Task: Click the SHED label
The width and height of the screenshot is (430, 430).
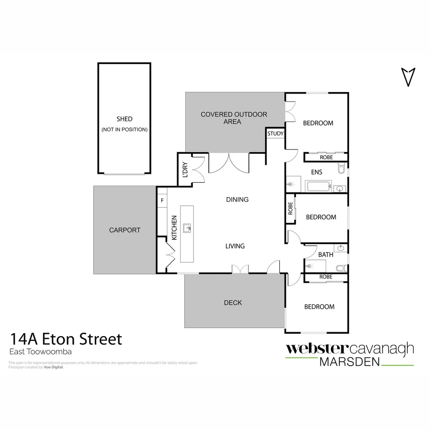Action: tap(124, 119)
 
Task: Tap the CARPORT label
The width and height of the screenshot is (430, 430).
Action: tap(125, 230)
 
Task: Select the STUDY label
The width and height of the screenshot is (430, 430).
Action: tap(275, 134)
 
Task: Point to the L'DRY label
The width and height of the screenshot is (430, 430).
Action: tap(185, 170)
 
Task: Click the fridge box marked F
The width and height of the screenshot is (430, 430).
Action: tap(162, 200)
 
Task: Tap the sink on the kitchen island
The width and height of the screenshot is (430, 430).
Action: tap(187, 228)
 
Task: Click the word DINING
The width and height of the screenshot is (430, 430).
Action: tap(237, 199)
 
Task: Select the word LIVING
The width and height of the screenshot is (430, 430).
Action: tap(235, 246)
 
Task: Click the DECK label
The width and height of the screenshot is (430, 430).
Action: tap(233, 303)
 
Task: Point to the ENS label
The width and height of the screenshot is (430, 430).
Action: tap(317, 172)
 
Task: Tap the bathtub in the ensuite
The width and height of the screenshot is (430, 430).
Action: tap(318, 186)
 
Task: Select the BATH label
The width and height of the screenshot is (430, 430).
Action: tap(326, 254)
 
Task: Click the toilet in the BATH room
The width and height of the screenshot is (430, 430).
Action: tap(341, 268)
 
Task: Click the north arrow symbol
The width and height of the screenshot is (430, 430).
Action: tap(408, 76)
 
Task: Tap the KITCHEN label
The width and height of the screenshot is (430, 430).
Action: tap(174, 228)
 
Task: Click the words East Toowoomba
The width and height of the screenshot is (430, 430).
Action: tap(40, 352)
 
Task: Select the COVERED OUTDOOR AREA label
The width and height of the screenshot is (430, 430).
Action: tap(234, 118)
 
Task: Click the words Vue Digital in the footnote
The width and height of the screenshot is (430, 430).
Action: tap(53, 367)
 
